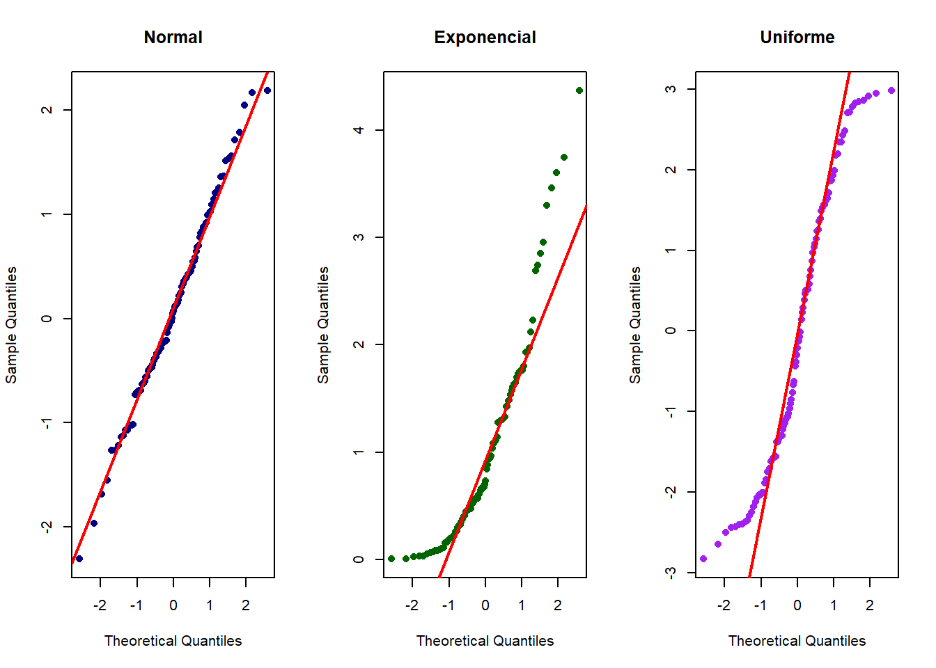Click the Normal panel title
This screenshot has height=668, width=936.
(173, 38)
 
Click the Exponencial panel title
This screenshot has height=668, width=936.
(485, 38)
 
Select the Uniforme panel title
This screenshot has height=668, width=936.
(797, 38)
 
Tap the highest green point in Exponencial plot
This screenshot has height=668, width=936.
(579, 90)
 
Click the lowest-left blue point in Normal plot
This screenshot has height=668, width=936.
(79, 559)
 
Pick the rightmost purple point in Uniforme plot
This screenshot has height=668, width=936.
(891, 90)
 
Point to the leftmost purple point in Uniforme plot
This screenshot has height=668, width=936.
(703, 559)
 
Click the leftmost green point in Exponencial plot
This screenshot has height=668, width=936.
(391, 559)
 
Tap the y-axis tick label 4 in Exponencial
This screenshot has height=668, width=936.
(359, 130)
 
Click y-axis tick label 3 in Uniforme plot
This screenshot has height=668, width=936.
(671, 89)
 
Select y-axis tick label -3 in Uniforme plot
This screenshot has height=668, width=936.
(671, 573)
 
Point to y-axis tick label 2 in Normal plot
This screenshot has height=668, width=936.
(47, 110)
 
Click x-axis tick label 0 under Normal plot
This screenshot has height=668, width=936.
(173, 605)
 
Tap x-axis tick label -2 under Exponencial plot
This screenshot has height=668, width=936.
(412, 605)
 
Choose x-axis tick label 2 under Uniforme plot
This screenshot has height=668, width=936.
(870, 605)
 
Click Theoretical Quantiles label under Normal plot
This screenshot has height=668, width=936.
(173, 641)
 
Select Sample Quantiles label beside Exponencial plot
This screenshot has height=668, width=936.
(323, 325)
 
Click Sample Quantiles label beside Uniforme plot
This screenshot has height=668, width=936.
(635, 325)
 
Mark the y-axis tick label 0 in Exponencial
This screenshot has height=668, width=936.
(359, 559)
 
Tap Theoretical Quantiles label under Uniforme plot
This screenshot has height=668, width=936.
(797, 641)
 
